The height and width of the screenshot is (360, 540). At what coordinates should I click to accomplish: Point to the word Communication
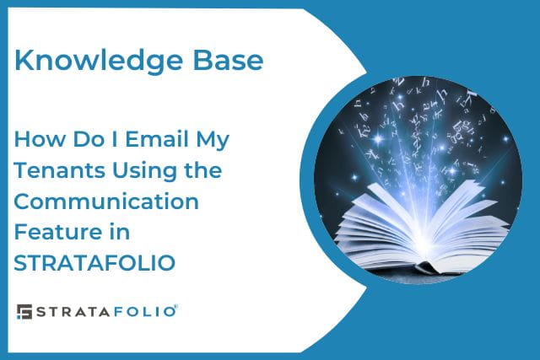coord(106,201)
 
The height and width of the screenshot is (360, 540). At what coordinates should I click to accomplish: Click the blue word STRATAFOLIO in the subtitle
coord(94,263)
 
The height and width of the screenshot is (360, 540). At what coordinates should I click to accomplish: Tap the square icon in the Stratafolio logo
coord(24,312)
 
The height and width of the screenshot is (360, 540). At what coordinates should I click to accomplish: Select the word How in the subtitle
coord(35,139)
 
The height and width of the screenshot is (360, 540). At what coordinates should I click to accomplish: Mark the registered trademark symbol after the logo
coord(176,307)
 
